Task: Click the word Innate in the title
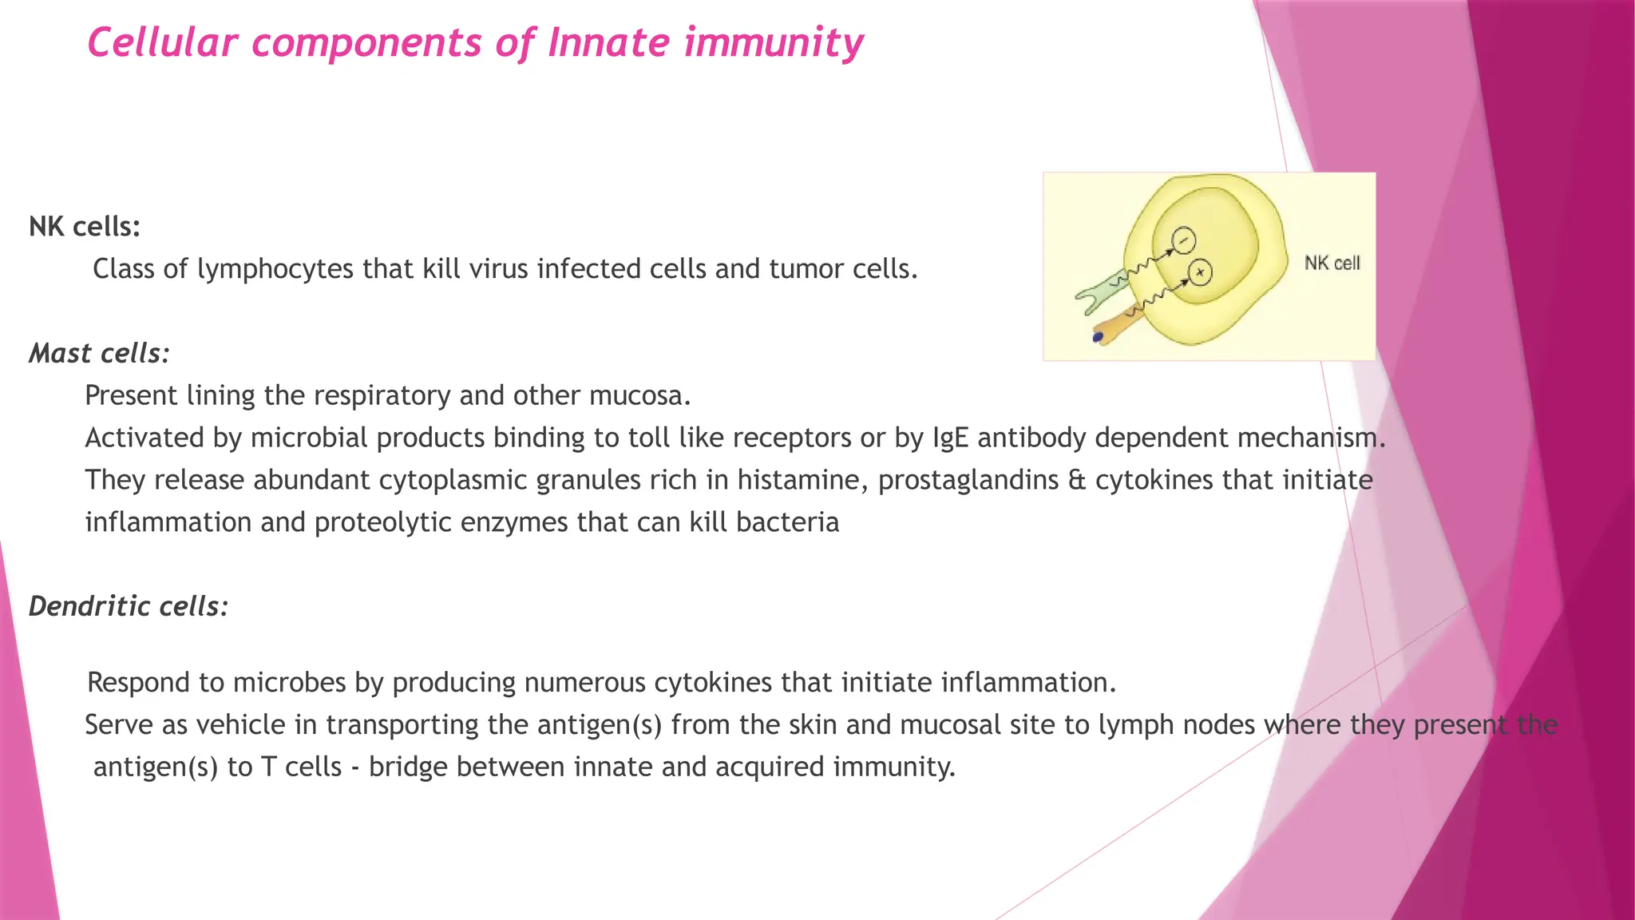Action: pos(608,43)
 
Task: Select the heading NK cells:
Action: pos(85,227)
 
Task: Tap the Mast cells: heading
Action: pos(99,354)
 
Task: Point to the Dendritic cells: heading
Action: pos(129,607)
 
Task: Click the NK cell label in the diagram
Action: pos(1332,263)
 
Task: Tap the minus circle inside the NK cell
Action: pos(1184,240)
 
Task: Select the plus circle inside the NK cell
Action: pos(1200,273)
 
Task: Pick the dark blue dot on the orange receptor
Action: pos(1098,337)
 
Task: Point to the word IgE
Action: pos(950,438)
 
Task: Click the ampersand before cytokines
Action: pos(1076,480)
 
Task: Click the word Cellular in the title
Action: pos(162,43)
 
